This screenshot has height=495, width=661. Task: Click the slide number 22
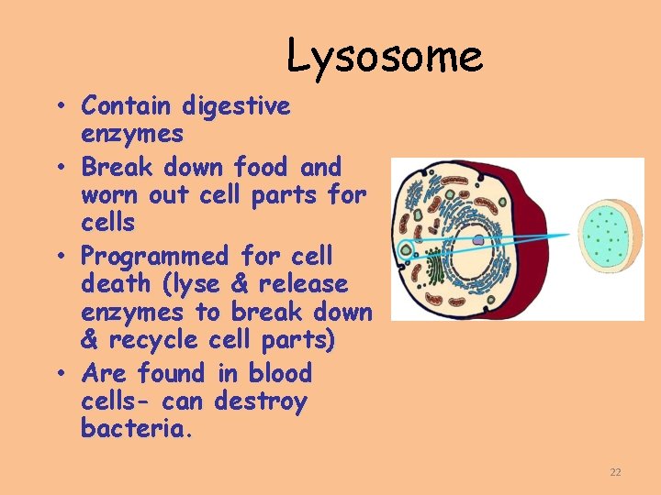pos(615,472)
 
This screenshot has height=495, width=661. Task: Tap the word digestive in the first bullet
pos(236,106)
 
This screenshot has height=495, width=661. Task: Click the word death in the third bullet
pos(114,284)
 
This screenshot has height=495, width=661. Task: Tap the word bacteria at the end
pos(137,429)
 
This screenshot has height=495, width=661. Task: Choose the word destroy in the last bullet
pos(260,401)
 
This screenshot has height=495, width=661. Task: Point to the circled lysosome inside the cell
pos(405,247)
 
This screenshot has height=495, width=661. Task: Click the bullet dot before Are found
pos(61,374)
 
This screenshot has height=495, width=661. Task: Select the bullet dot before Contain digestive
pos(61,106)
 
